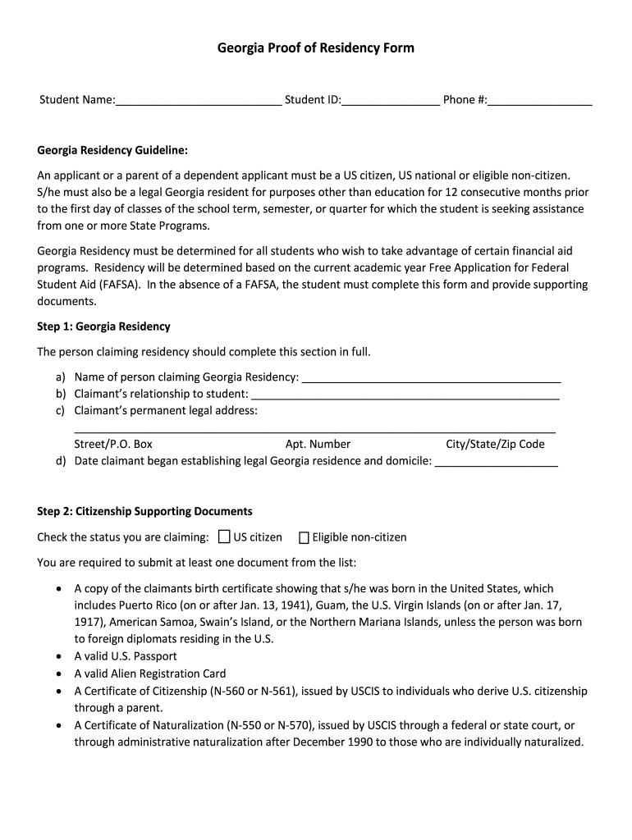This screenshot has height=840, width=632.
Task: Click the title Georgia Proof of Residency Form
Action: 315,48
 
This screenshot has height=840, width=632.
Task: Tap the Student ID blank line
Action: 391,101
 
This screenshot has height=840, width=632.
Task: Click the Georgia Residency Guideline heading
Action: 112,150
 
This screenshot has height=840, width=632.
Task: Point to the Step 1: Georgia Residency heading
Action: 104,326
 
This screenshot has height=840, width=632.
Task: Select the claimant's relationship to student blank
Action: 405,395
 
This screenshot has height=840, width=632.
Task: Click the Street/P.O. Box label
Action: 113,444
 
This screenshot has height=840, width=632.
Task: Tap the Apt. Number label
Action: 318,444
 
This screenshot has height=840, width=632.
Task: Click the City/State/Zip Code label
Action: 495,444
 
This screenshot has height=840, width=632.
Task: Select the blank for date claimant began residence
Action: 496,462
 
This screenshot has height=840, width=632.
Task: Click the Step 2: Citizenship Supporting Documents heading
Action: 145,511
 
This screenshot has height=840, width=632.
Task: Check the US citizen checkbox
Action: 224,537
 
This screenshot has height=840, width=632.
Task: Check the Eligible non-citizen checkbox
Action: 304,538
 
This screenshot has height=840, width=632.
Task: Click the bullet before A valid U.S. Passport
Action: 58,657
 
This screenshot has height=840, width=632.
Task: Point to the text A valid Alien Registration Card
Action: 150,673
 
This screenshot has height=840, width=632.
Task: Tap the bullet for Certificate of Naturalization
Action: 58,726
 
